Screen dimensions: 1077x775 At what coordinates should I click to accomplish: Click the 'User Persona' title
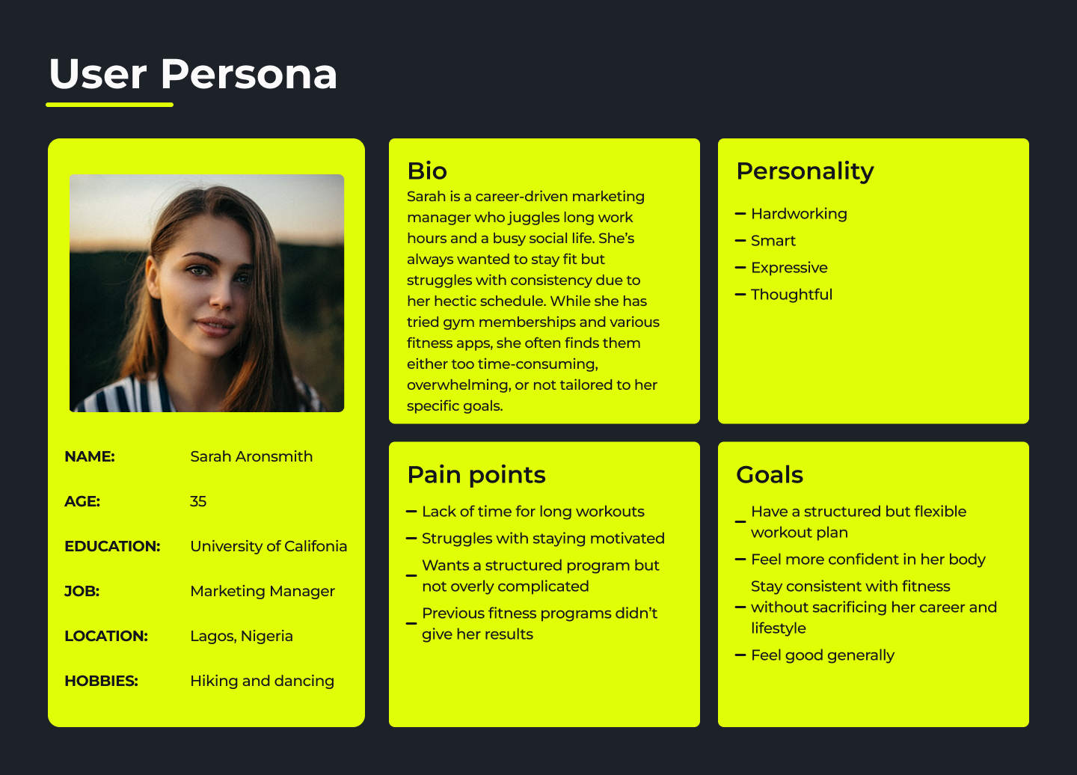(x=193, y=74)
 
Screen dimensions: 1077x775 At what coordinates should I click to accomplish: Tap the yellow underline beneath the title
(x=110, y=104)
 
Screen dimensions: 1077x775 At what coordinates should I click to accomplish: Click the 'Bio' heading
(x=427, y=171)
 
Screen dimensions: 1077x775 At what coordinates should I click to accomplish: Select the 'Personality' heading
(x=805, y=172)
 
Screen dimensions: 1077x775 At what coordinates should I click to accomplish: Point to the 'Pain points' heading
(x=476, y=476)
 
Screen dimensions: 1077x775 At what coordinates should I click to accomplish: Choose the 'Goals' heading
(x=770, y=475)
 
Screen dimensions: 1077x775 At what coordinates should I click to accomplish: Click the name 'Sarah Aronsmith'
(x=251, y=456)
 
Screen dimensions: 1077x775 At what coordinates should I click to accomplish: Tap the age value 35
(x=198, y=501)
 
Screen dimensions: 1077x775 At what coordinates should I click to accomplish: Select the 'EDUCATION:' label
(x=112, y=546)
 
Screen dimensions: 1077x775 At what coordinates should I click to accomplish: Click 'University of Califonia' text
(x=269, y=546)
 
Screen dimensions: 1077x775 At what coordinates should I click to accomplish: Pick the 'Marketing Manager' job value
(x=262, y=591)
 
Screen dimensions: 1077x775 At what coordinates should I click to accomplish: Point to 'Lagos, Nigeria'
(x=242, y=636)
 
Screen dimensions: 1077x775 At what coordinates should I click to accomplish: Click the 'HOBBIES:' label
(x=102, y=681)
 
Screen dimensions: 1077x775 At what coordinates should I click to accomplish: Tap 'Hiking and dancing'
(x=262, y=681)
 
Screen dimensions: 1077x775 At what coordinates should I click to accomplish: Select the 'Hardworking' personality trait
(x=799, y=214)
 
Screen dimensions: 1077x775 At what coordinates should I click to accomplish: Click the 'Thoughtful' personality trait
(x=791, y=294)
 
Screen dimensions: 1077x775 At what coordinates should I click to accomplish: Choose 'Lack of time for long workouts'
(x=533, y=512)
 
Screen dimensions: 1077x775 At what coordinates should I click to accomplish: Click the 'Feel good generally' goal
(x=822, y=655)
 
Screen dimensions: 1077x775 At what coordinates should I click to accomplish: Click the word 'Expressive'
(x=789, y=268)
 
